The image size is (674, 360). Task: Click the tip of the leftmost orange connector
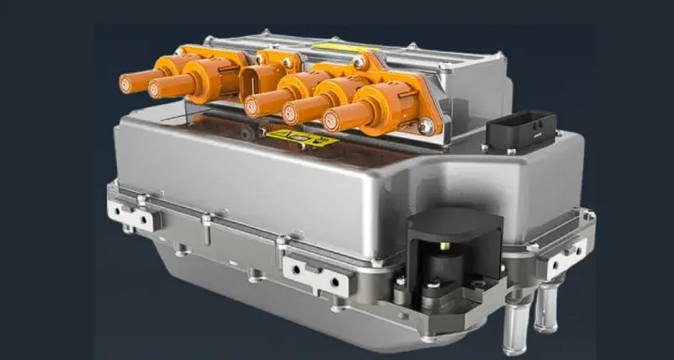coord(126,83)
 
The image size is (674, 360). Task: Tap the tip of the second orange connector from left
coord(157,88)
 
